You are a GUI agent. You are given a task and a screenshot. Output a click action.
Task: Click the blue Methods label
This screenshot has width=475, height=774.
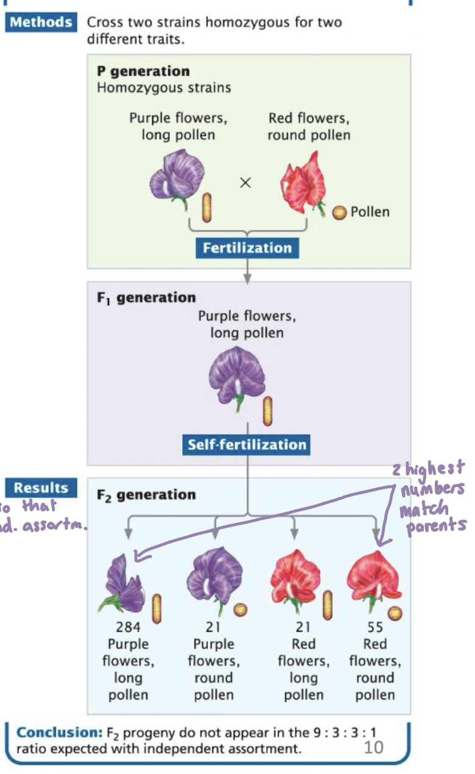[x=41, y=23]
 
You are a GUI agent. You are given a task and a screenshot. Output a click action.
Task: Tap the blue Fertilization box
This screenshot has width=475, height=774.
[x=247, y=248]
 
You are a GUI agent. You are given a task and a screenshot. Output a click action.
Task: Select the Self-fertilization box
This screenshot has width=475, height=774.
[x=247, y=444]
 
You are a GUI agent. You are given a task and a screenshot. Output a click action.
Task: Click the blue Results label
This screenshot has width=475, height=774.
[x=41, y=488]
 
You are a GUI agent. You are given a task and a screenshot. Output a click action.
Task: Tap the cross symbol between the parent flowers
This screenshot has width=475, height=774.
[x=245, y=183]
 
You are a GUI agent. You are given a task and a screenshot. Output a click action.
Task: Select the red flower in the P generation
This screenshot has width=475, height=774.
[x=302, y=182]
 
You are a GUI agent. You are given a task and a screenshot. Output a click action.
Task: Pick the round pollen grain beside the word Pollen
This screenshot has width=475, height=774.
[x=339, y=212]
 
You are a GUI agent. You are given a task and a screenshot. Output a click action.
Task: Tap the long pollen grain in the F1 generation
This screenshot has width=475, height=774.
[x=267, y=411]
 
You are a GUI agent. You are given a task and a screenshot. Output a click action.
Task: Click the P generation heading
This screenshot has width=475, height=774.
[x=143, y=71]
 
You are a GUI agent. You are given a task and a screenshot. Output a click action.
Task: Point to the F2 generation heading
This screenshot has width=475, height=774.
[x=146, y=495]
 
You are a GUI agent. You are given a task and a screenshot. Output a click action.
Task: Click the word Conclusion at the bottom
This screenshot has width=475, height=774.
[x=50, y=732]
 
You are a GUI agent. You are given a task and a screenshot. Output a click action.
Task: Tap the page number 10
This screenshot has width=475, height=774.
[x=373, y=747]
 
